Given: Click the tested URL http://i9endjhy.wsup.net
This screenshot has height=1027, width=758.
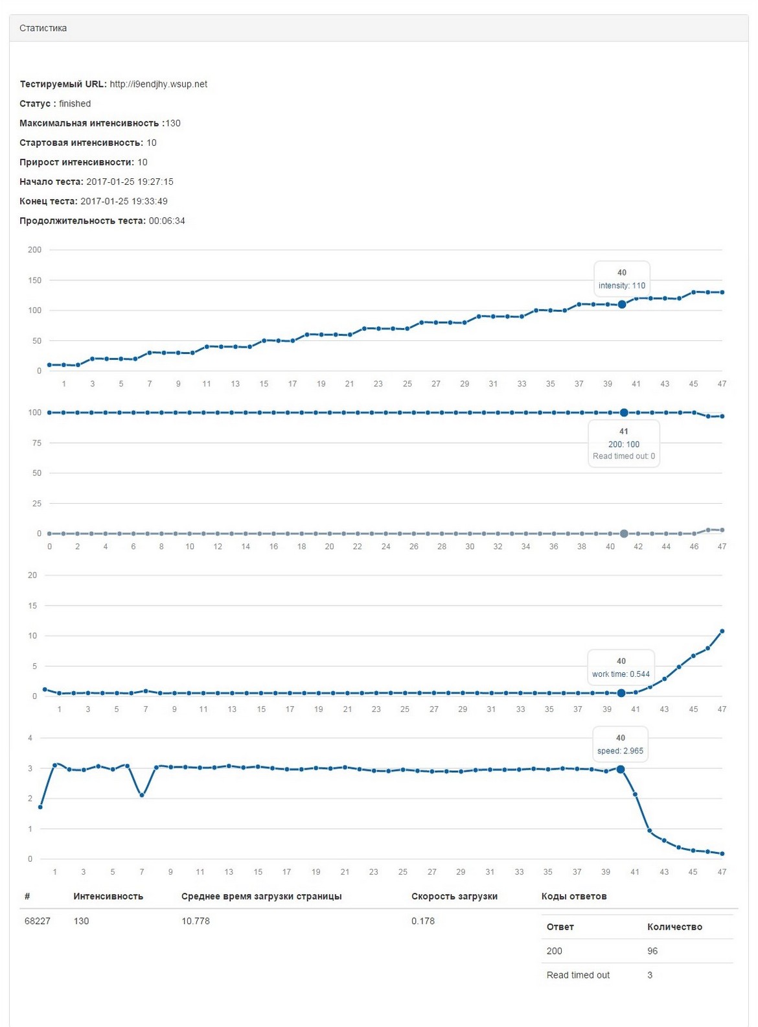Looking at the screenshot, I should click(158, 84).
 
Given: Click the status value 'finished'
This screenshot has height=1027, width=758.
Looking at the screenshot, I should click(75, 104).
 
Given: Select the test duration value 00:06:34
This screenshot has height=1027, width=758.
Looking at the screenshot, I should click(167, 221).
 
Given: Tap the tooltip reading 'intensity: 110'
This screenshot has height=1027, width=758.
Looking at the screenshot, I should click(621, 285).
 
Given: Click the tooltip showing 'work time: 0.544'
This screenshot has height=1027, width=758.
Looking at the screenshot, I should click(621, 674).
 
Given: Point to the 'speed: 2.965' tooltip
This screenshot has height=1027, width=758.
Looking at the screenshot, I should click(620, 751).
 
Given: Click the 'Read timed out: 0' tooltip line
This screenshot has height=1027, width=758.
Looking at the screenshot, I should click(623, 456).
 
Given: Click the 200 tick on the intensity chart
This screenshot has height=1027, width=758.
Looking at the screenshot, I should click(34, 250).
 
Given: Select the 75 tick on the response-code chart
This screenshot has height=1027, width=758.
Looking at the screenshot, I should click(36, 443).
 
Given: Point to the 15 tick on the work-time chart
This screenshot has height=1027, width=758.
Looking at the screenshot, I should click(32, 606).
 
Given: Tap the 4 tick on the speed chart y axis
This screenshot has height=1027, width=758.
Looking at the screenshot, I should click(30, 738).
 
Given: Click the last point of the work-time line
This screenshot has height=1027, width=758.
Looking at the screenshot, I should click(722, 631).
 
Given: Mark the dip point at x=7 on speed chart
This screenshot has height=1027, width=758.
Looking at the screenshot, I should click(142, 795).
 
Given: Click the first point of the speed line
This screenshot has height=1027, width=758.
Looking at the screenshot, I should click(40, 807).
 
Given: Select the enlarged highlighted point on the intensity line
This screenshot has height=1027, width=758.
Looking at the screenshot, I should click(622, 304).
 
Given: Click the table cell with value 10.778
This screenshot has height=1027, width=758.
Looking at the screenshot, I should click(195, 921).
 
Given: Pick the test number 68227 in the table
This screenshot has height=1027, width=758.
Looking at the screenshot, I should click(37, 921).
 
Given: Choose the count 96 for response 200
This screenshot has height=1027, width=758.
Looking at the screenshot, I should click(652, 951).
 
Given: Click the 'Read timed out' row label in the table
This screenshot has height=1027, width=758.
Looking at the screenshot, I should click(578, 975).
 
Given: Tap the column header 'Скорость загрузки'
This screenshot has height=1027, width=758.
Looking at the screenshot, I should click(454, 897).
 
